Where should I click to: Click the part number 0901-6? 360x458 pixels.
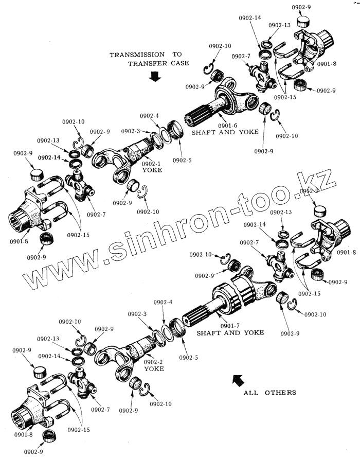227,125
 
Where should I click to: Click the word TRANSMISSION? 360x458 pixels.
137,55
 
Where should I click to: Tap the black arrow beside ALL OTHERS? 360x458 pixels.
238,381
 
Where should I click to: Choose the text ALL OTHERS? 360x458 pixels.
270,393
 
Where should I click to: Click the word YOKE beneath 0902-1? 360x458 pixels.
152,170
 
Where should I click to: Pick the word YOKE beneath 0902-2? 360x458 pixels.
154,369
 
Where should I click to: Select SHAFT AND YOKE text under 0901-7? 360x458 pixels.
230,333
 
